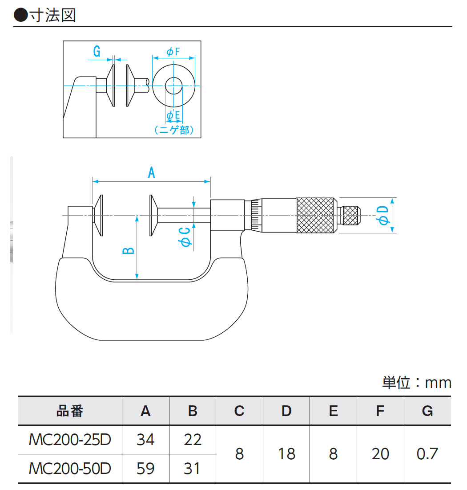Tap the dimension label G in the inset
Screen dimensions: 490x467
97,52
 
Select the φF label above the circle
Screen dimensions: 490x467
173,52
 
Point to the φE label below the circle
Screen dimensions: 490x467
173,116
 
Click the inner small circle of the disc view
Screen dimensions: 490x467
173,85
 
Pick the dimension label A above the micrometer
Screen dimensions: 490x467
151,172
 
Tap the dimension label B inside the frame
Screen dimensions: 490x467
128,250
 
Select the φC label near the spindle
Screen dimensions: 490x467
185,236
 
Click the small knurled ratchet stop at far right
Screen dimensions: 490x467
350,215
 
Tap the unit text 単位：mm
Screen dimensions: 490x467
416,383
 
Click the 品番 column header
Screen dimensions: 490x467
70,411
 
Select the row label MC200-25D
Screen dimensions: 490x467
70,440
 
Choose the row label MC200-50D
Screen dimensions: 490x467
70,468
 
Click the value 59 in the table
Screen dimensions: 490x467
145,468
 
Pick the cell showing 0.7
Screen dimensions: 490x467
427,454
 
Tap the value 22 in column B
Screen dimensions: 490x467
192,440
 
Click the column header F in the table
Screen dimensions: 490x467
380,411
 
